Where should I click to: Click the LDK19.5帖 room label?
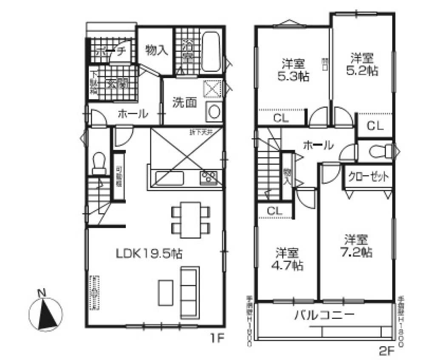(x=149, y=253)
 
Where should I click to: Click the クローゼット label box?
(x=368, y=177)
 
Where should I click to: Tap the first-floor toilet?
(x=99, y=163)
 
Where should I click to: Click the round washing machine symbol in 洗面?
(x=213, y=112)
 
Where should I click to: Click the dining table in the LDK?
(x=191, y=219)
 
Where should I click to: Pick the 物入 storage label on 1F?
(x=157, y=51)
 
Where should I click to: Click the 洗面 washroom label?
(x=184, y=102)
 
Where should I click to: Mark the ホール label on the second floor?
(x=317, y=146)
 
